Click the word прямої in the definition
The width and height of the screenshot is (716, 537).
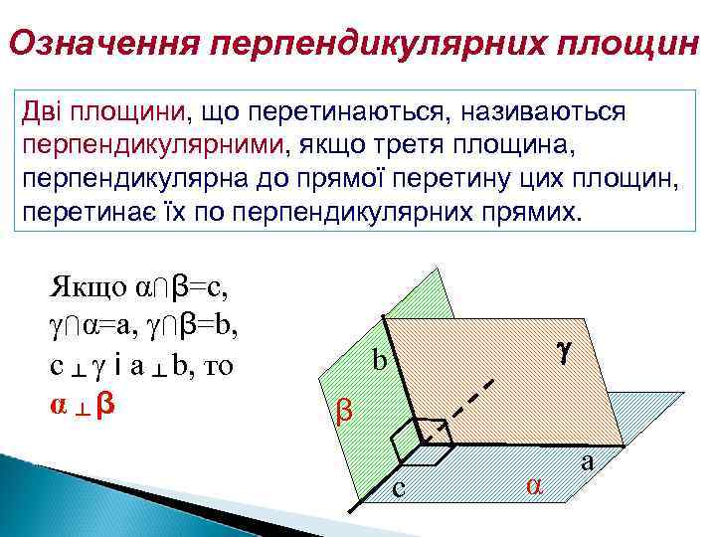point(362,180)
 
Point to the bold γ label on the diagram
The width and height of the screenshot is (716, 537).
point(563,350)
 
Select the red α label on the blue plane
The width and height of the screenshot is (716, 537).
point(534,484)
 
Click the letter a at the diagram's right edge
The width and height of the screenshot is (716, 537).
point(587,461)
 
